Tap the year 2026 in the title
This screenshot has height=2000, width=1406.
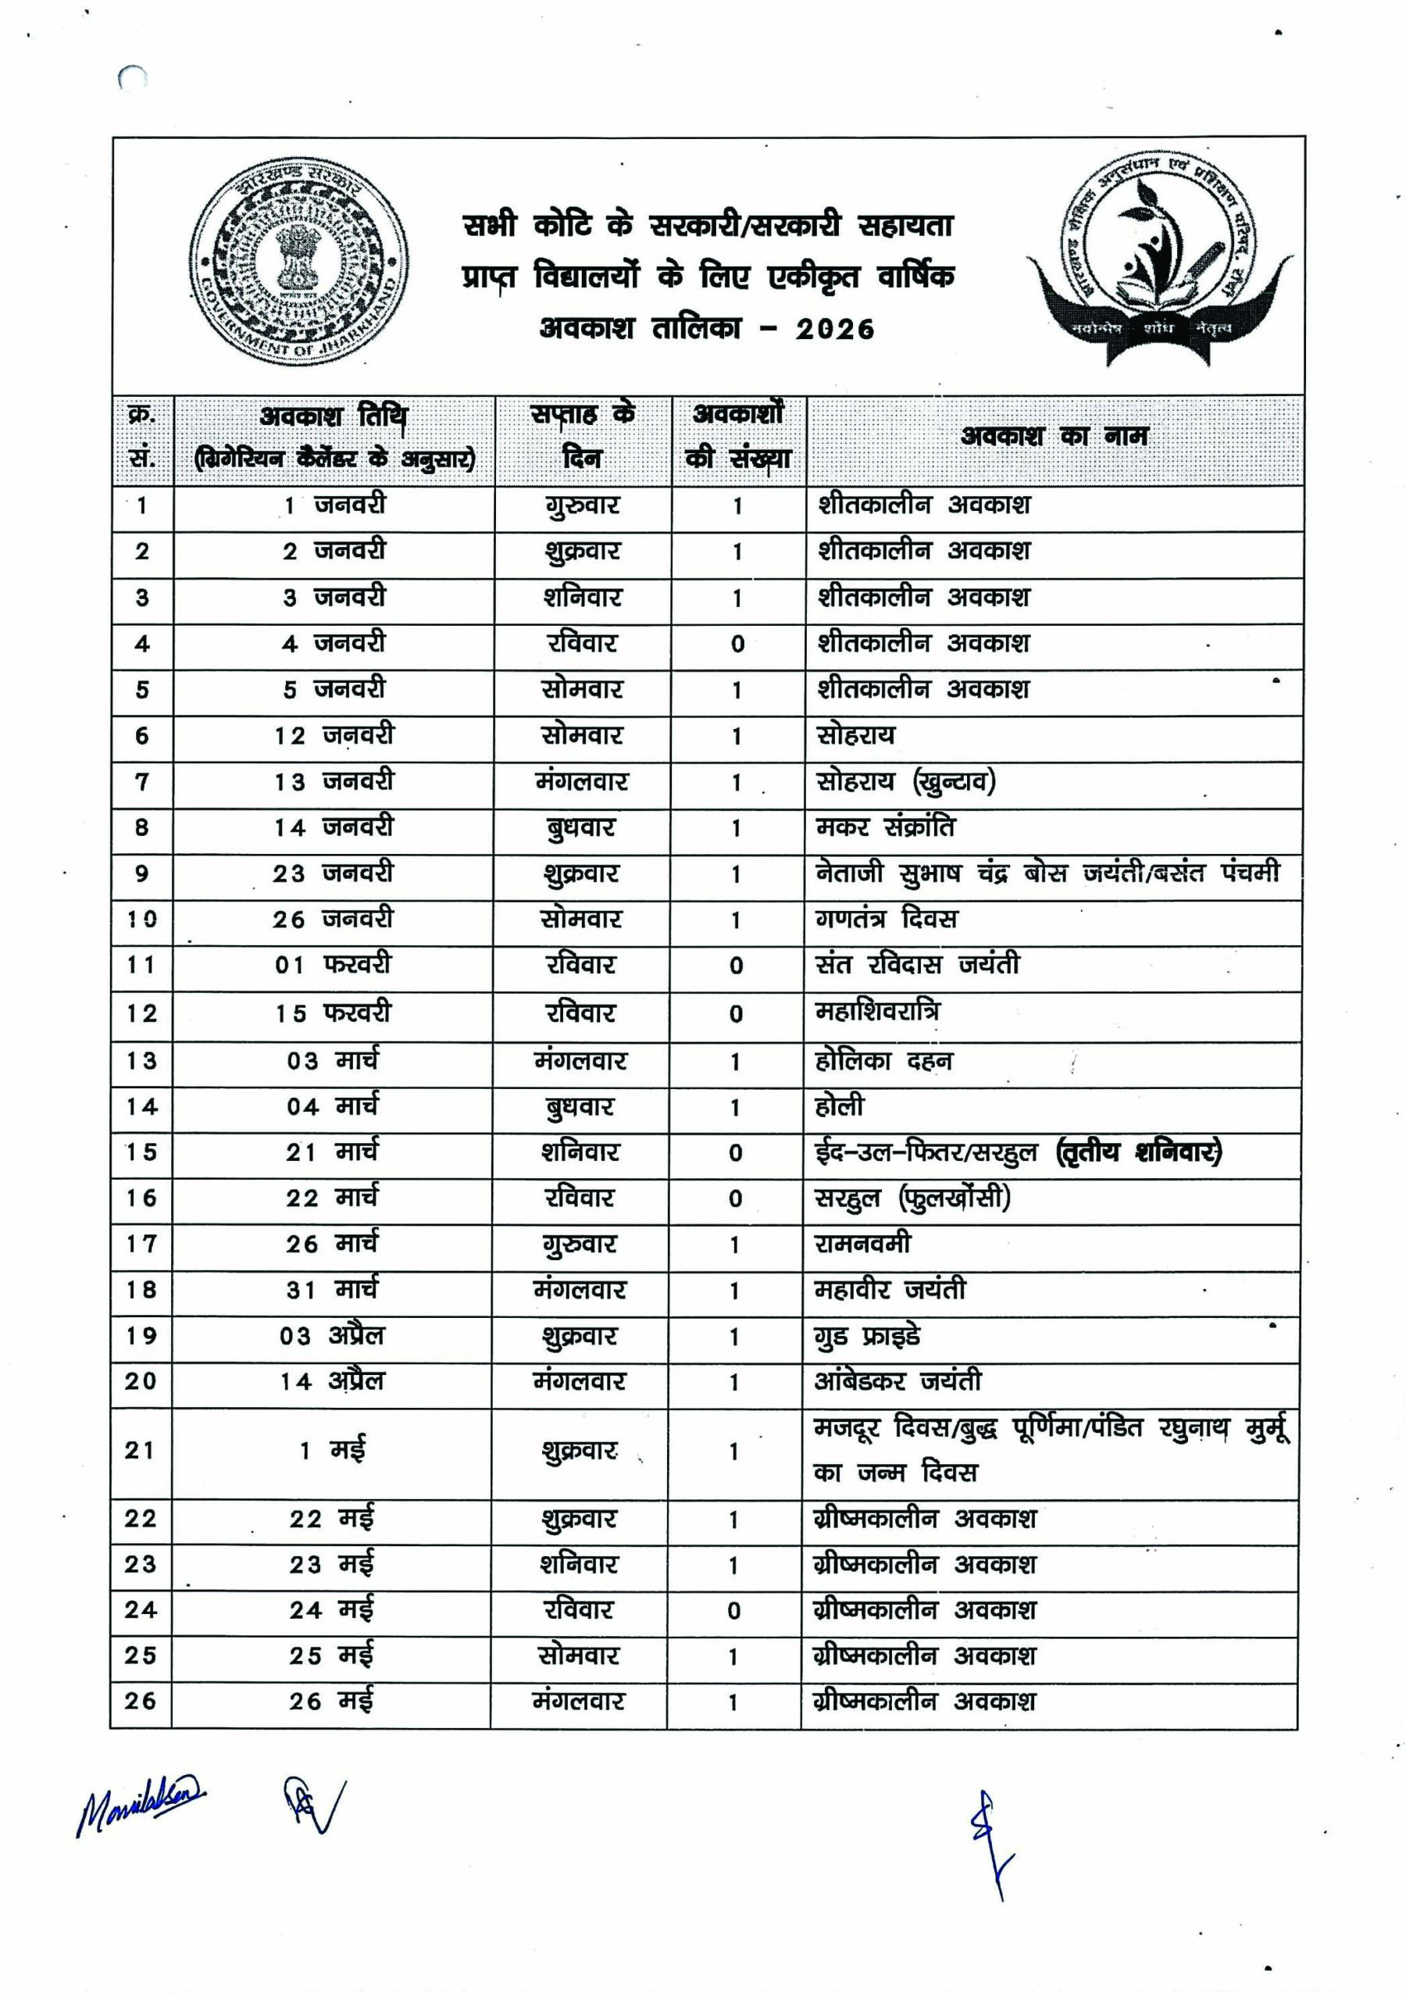tap(834, 329)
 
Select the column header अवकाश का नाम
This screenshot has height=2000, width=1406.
tap(1054, 437)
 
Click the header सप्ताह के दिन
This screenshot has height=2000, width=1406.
tap(582, 437)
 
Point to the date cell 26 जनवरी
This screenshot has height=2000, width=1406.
tap(333, 920)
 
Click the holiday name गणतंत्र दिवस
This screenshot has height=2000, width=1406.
tap(886, 920)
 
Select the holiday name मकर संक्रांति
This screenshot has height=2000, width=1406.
tap(884, 827)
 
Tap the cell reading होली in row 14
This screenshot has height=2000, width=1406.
tap(839, 1107)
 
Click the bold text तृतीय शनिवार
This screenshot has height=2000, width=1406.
tap(1139, 1153)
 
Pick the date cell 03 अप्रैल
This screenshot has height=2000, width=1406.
tap(332, 1336)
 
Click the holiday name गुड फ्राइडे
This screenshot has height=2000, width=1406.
tap(866, 1336)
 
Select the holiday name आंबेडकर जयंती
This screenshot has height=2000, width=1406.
tap(897, 1381)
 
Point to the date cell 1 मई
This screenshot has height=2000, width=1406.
tap(332, 1452)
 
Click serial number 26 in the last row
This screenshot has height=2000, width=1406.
tap(141, 1702)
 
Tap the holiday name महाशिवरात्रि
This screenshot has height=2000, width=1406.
tap(876, 1012)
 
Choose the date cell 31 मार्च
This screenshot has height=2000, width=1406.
tap(332, 1290)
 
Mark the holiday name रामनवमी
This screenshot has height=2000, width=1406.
tap(862, 1244)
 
